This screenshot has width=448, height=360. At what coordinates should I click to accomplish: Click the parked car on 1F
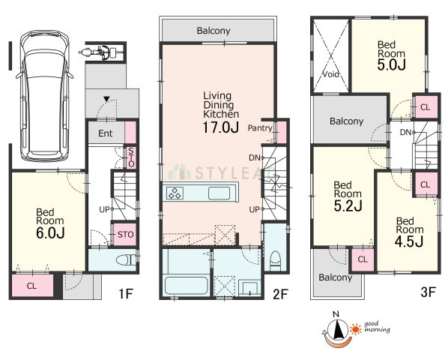point(44,96)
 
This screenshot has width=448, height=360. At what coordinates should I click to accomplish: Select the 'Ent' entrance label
point(105,133)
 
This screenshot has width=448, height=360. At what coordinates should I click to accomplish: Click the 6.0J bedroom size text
point(50,233)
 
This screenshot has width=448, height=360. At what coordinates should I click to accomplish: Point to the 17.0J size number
point(220,127)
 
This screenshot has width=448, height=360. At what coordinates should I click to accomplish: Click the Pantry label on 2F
point(260,128)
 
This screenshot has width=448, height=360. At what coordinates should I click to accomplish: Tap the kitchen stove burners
point(175,193)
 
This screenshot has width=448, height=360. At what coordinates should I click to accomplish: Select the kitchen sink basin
point(220,193)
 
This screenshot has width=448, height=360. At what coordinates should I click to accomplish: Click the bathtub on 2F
point(186,286)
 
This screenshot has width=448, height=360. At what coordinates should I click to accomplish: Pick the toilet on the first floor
point(126,260)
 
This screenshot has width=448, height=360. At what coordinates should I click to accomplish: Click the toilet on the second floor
point(276,260)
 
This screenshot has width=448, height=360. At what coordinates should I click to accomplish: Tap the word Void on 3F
point(331,74)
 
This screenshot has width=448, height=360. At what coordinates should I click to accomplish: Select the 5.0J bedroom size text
point(391,65)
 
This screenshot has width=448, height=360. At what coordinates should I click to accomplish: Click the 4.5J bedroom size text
point(409,242)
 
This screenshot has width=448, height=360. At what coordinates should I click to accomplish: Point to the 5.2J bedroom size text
point(348,205)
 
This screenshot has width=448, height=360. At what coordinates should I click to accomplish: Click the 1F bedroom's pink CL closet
point(31,286)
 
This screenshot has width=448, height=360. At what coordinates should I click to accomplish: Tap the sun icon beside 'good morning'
point(356,329)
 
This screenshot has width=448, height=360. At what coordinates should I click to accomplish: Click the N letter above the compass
point(336,314)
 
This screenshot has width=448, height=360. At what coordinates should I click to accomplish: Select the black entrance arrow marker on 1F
point(107,99)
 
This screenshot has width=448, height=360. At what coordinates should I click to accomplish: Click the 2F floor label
point(280,294)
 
